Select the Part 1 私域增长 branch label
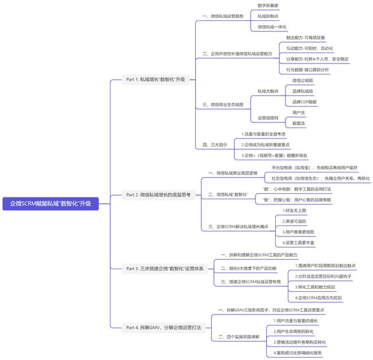tap(156, 79)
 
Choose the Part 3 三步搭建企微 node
tap(165, 269)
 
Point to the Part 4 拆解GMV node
tap(163, 327)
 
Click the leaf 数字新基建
tap(268, 5)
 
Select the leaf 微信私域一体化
tap(272, 27)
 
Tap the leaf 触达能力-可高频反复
tap(309, 37)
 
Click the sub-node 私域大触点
tap(268, 91)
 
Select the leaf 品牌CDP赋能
tap(304, 101)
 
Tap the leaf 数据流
tap(298, 123)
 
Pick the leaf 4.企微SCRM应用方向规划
tap(318, 297)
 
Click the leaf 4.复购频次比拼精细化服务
tap(297, 352)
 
